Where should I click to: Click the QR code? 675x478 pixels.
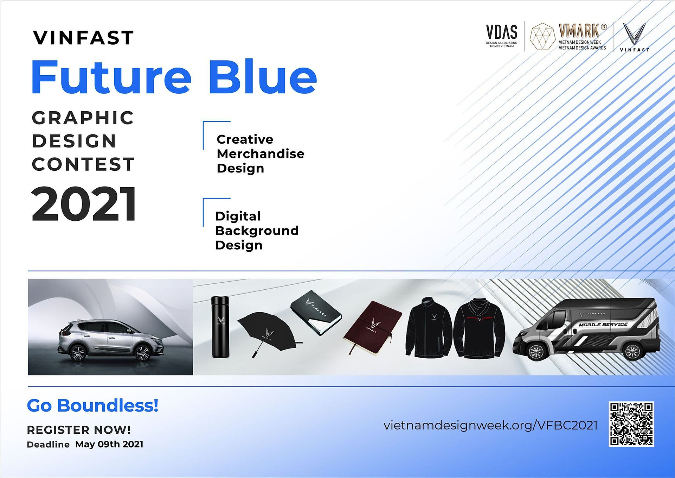click(631, 424)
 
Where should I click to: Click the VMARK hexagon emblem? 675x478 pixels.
click(542, 36)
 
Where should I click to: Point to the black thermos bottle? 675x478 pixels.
click(220, 327)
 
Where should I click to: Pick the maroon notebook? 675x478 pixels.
click(372, 326)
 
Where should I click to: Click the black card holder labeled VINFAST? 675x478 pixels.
click(316, 313)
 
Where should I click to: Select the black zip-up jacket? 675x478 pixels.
click(429, 328)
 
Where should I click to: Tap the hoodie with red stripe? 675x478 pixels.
click(479, 328)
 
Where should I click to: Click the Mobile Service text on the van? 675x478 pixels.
click(603, 325)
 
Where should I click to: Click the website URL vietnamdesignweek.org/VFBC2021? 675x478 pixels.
click(490, 425)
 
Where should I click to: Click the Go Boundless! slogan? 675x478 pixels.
click(92, 405)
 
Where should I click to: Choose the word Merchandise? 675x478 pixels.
click(261, 154)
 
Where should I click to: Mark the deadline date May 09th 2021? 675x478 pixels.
click(109, 444)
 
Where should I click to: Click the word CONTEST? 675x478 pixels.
click(83, 164)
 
